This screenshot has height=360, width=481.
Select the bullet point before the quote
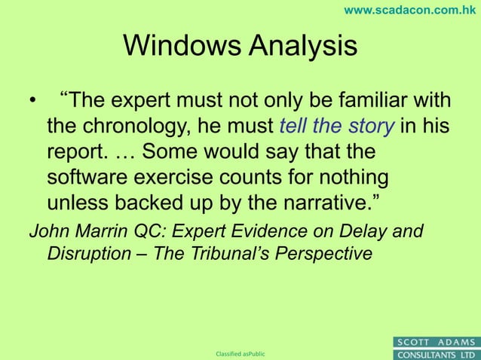(x=32, y=102)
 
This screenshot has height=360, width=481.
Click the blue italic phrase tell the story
(x=336, y=126)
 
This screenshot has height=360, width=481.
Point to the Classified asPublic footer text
(x=240, y=353)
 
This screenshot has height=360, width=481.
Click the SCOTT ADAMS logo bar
(x=437, y=342)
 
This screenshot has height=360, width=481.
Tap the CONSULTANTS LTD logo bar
(x=437, y=354)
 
